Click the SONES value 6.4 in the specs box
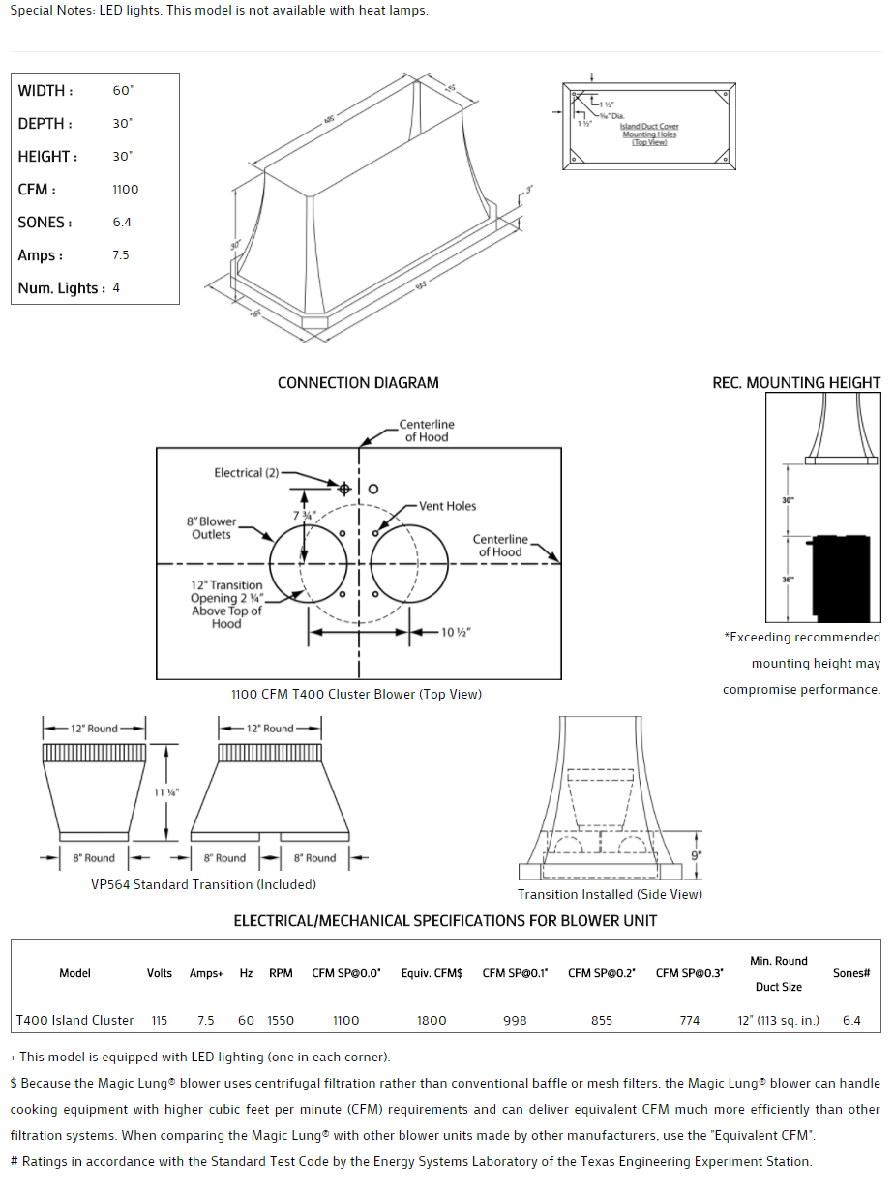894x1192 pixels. click(x=122, y=223)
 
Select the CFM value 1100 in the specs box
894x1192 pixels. click(x=126, y=190)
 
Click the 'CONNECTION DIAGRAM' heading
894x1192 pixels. click(x=358, y=383)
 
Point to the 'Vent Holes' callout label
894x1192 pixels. click(x=447, y=506)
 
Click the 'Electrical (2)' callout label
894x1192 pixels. click(x=246, y=473)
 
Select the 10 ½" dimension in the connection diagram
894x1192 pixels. click(x=456, y=633)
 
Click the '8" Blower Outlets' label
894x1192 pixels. click(x=211, y=528)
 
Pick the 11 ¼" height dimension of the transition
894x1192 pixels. click(x=166, y=792)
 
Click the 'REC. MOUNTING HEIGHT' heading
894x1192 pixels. click(x=796, y=383)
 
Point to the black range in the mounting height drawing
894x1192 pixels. click(x=846, y=576)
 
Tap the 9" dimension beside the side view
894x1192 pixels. click(x=697, y=855)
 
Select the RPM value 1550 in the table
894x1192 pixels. click(x=281, y=1020)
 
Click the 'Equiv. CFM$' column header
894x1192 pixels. click(x=432, y=973)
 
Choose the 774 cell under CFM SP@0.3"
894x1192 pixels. click(x=689, y=1020)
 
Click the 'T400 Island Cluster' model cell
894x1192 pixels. click(x=74, y=1020)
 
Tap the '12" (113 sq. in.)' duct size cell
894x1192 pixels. click(x=778, y=1020)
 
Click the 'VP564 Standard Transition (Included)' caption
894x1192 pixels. click(x=203, y=884)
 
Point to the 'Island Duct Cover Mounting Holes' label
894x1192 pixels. click(x=649, y=131)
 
